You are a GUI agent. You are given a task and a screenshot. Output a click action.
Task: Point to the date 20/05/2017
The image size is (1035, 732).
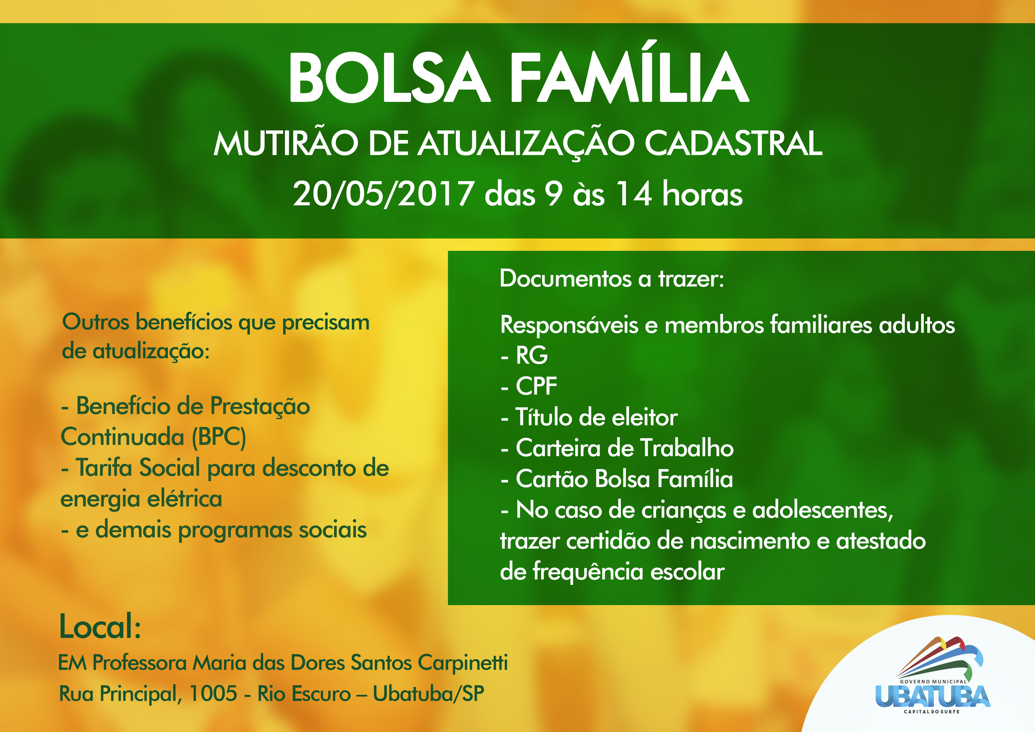(383, 194)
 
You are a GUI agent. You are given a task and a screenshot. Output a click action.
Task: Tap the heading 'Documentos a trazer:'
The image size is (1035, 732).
(612, 279)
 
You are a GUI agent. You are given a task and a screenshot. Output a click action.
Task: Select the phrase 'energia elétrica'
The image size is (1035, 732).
(141, 499)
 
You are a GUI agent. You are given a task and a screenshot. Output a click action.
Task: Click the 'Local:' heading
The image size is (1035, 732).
(100, 627)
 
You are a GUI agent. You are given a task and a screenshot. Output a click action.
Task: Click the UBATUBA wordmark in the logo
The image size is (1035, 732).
(932, 696)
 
